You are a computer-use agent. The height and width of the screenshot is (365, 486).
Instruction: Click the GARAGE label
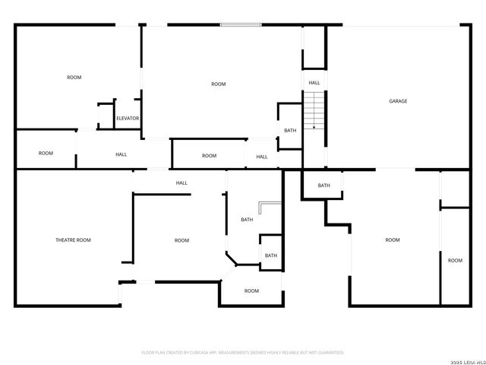398,101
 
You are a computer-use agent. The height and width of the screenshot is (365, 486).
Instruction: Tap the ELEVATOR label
128,119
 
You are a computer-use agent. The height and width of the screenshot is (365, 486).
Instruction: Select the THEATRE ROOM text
73,240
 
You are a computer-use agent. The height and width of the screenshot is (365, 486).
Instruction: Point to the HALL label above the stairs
314,83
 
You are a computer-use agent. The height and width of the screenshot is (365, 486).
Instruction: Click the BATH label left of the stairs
290,131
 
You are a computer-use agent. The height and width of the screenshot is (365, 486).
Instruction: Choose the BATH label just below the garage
324,186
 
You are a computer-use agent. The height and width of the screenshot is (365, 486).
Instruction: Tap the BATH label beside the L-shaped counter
247,220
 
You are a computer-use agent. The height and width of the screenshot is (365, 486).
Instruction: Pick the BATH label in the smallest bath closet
271,255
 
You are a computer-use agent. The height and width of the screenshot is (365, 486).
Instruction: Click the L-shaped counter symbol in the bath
267,207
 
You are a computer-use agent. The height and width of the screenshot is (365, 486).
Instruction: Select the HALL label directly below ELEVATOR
121,155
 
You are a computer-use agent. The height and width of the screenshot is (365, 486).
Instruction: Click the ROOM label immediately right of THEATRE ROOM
181,240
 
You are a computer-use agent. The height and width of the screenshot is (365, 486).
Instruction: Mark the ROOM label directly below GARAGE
392,240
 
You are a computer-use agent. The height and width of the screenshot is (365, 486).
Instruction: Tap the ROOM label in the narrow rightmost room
455,261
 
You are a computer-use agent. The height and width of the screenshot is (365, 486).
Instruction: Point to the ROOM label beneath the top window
219,84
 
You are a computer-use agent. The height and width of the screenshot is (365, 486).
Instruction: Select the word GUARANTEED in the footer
330,353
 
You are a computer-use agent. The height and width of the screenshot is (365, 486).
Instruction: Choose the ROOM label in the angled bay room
251,291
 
